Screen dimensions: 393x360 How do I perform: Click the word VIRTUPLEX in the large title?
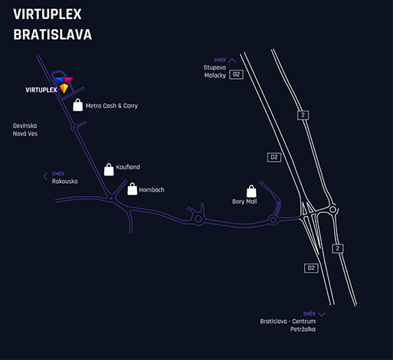pos(47,14)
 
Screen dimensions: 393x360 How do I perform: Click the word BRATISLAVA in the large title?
pos(52,34)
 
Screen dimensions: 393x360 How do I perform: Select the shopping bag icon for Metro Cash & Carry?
pos(78,105)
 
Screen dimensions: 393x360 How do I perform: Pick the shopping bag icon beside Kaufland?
pos(109,169)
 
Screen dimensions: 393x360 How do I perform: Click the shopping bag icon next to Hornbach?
pos(133,189)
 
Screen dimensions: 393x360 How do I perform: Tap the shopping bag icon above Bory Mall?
pos(251,191)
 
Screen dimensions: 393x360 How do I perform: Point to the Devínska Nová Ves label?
pos(25,129)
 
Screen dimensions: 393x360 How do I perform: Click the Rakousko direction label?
pos(65,182)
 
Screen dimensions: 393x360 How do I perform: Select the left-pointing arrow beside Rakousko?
pos(45,176)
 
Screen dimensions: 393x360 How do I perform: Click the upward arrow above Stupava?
pos(232,61)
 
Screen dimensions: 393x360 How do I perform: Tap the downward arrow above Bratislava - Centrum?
pos(322,314)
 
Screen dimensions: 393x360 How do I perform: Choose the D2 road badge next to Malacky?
pos(236,74)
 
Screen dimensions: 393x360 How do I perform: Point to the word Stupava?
pos(215,67)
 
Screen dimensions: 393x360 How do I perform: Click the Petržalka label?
pos(303,329)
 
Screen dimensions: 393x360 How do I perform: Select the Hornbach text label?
pos(152,190)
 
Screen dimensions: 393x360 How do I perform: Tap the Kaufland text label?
pos(128,167)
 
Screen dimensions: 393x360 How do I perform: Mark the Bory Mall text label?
pos(244,201)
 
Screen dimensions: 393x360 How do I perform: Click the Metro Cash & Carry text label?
pos(112,106)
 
